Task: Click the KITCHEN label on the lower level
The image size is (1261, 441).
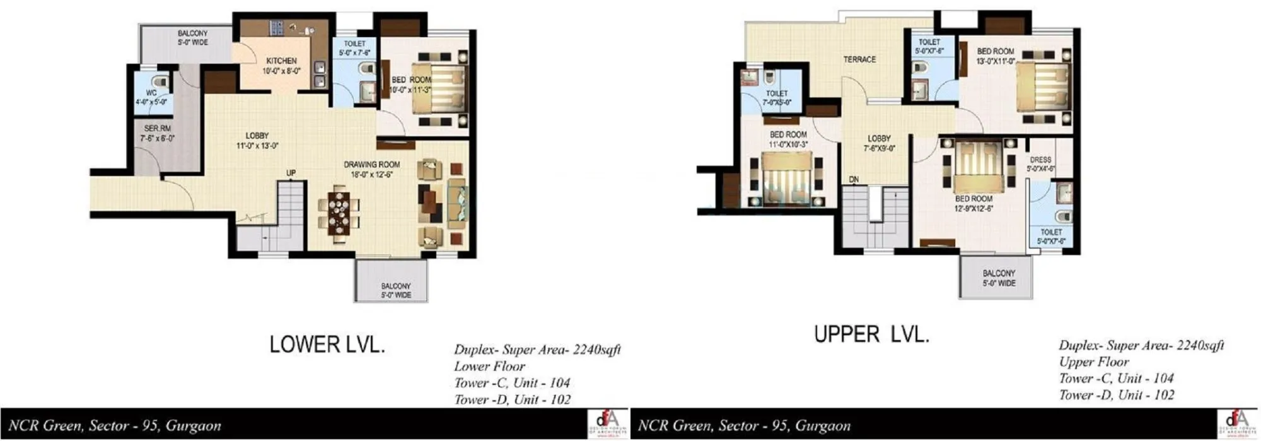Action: tap(281, 61)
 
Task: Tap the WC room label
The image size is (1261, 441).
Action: tap(151, 92)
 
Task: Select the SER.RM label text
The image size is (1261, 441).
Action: tap(157, 128)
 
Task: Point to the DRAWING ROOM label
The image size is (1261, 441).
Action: tap(371, 165)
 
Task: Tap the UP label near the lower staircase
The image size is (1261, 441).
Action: tap(291, 173)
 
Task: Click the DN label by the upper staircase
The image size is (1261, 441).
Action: tap(854, 180)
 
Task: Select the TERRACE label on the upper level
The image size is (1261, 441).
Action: tap(859, 59)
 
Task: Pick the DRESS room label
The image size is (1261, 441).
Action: tap(1040, 160)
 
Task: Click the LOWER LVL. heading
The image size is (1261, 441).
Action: tap(327, 344)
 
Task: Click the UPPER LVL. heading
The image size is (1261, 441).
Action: tap(871, 334)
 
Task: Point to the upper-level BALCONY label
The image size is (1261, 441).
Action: tap(999, 273)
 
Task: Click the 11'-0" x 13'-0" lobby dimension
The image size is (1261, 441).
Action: tap(257, 146)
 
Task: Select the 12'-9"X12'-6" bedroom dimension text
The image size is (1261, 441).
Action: tap(973, 208)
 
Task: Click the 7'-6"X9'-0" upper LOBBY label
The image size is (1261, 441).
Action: tap(879, 138)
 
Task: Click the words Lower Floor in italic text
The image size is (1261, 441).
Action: tap(489, 366)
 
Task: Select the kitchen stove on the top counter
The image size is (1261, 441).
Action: tap(277, 27)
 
